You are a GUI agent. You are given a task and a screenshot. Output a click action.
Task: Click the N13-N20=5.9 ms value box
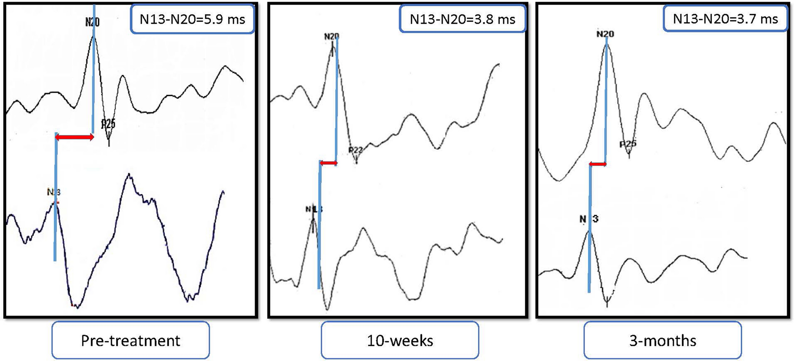pos(192,19)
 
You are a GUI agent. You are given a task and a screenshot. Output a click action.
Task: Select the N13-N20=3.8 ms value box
pos(462,19)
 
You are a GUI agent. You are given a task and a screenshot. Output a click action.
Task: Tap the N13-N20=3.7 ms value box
pos(725,18)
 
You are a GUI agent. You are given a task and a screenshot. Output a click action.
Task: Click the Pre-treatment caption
pos(130,340)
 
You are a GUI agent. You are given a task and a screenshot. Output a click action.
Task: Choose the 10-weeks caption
pos(400,340)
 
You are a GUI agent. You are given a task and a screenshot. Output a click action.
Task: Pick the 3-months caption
pos(663,340)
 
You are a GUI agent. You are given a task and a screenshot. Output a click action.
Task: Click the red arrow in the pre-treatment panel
pos(74,137)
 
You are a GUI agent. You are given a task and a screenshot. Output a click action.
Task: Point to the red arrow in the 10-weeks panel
pos(328,163)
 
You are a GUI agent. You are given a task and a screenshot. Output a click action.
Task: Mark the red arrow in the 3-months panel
pos(598,165)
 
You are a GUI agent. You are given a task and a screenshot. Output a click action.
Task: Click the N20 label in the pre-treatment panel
pos(92,22)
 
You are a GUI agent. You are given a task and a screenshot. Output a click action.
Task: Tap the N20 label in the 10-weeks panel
pos(331,36)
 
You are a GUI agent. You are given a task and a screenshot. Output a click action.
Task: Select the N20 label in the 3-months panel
pos(605,34)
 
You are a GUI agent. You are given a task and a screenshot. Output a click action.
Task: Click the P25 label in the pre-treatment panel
pos(108,124)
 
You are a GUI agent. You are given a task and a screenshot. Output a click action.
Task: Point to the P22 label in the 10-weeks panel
pos(356,150)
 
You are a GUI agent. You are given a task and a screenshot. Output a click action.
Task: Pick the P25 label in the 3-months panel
pos(628,144)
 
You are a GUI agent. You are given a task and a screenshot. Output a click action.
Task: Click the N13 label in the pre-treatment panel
pos(54,192)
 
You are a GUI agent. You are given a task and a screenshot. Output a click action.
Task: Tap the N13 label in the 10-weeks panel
pos(314,209)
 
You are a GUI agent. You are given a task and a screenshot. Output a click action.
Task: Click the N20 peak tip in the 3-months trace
pos(607,44)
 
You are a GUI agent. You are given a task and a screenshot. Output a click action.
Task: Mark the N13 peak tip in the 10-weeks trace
pos(313,220)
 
